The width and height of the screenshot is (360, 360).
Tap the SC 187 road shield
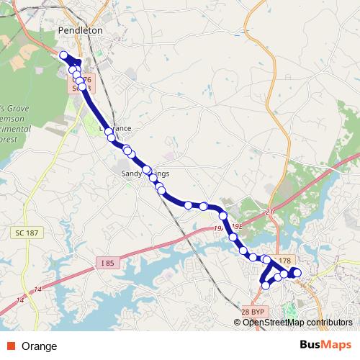pos(25,235)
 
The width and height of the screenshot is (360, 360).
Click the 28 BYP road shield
pos(253,311)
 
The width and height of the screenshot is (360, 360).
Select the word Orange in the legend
pos(40,346)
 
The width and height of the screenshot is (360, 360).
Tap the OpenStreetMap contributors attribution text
pos(297,323)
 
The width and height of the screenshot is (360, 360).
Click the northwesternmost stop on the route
pos(64,55)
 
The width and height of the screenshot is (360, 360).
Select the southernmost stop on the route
pos(266,285)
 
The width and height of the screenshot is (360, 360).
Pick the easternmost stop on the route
pos(297,273)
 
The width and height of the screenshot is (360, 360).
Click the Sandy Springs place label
pos(144,174)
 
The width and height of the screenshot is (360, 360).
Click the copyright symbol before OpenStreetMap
pos(238,323)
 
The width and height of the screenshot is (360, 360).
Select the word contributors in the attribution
pos(328,323)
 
